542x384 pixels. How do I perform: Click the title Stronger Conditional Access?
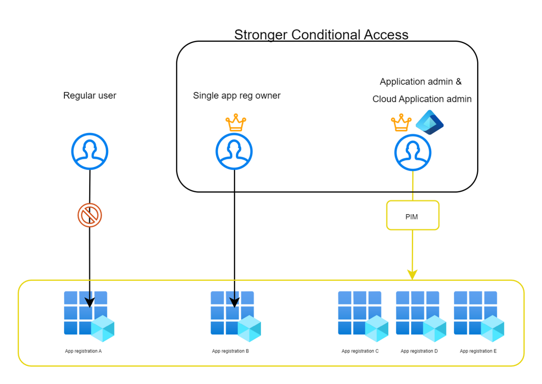click(321, 35)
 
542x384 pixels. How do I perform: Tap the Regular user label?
click(90, 95)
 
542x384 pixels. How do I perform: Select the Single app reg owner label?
click(237, 95)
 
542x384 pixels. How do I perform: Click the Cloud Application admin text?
click(422, 99)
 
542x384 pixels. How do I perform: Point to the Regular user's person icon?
click(90, 151)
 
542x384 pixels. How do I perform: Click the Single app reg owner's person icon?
click(234, 151)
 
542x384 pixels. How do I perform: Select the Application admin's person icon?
click(413, 153)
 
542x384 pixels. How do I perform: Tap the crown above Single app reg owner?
click(236, 123)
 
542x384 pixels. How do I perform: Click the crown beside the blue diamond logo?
click(401, 123)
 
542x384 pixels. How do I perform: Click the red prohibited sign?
click(90, 215)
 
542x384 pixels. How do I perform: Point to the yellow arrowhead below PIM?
click(412, 274)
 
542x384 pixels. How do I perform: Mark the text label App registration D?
click(419, 351)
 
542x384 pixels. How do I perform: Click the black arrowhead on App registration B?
click(235, 302)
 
